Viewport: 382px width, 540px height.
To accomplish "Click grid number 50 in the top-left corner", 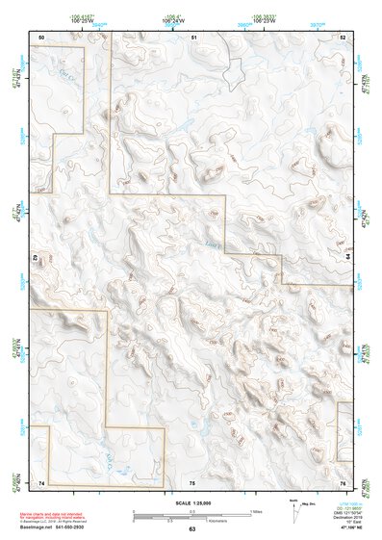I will [41, 36].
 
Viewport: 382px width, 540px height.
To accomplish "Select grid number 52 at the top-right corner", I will [343, 36].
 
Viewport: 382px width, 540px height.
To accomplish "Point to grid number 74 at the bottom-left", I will [41, 481].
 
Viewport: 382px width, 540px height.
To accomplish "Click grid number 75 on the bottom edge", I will [192, 481].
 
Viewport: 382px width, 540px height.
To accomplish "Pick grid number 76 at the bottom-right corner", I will [343, 481].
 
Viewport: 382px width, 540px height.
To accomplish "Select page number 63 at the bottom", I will [191, 529].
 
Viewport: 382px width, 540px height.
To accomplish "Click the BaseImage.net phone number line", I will [58, 527].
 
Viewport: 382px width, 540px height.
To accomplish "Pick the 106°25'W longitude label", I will [93, 20].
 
